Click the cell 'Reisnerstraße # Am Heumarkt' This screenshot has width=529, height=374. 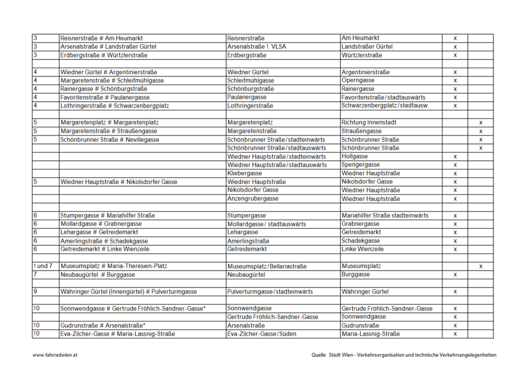[x=102, y=39]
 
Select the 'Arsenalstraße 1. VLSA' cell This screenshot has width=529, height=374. [x=257, y=47]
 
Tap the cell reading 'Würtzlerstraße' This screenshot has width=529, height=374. [x=361, y=55]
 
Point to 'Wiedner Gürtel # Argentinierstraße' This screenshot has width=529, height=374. [x=109, y=72]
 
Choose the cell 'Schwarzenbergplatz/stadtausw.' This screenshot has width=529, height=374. [x=385, y=106]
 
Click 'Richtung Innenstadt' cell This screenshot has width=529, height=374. [x=369, y=123]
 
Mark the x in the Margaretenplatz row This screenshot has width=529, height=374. [x=481, y=123]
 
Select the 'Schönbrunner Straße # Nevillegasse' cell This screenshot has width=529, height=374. [x=110, y=140]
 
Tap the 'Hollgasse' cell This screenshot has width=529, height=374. [x=355, y=156]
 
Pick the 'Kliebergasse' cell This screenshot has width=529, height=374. [x=245, y=174]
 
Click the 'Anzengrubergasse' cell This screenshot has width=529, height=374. [x=253, y=199]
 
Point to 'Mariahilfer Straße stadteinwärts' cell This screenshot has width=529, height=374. [x=385, y=215]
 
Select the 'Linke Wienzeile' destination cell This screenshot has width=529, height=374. [x=363, y=250]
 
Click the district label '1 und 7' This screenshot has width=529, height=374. [x=43, y=266]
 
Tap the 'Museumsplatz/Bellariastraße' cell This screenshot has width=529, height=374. [x=267, y=267]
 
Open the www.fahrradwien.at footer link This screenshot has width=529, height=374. [x=55, y=355]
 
